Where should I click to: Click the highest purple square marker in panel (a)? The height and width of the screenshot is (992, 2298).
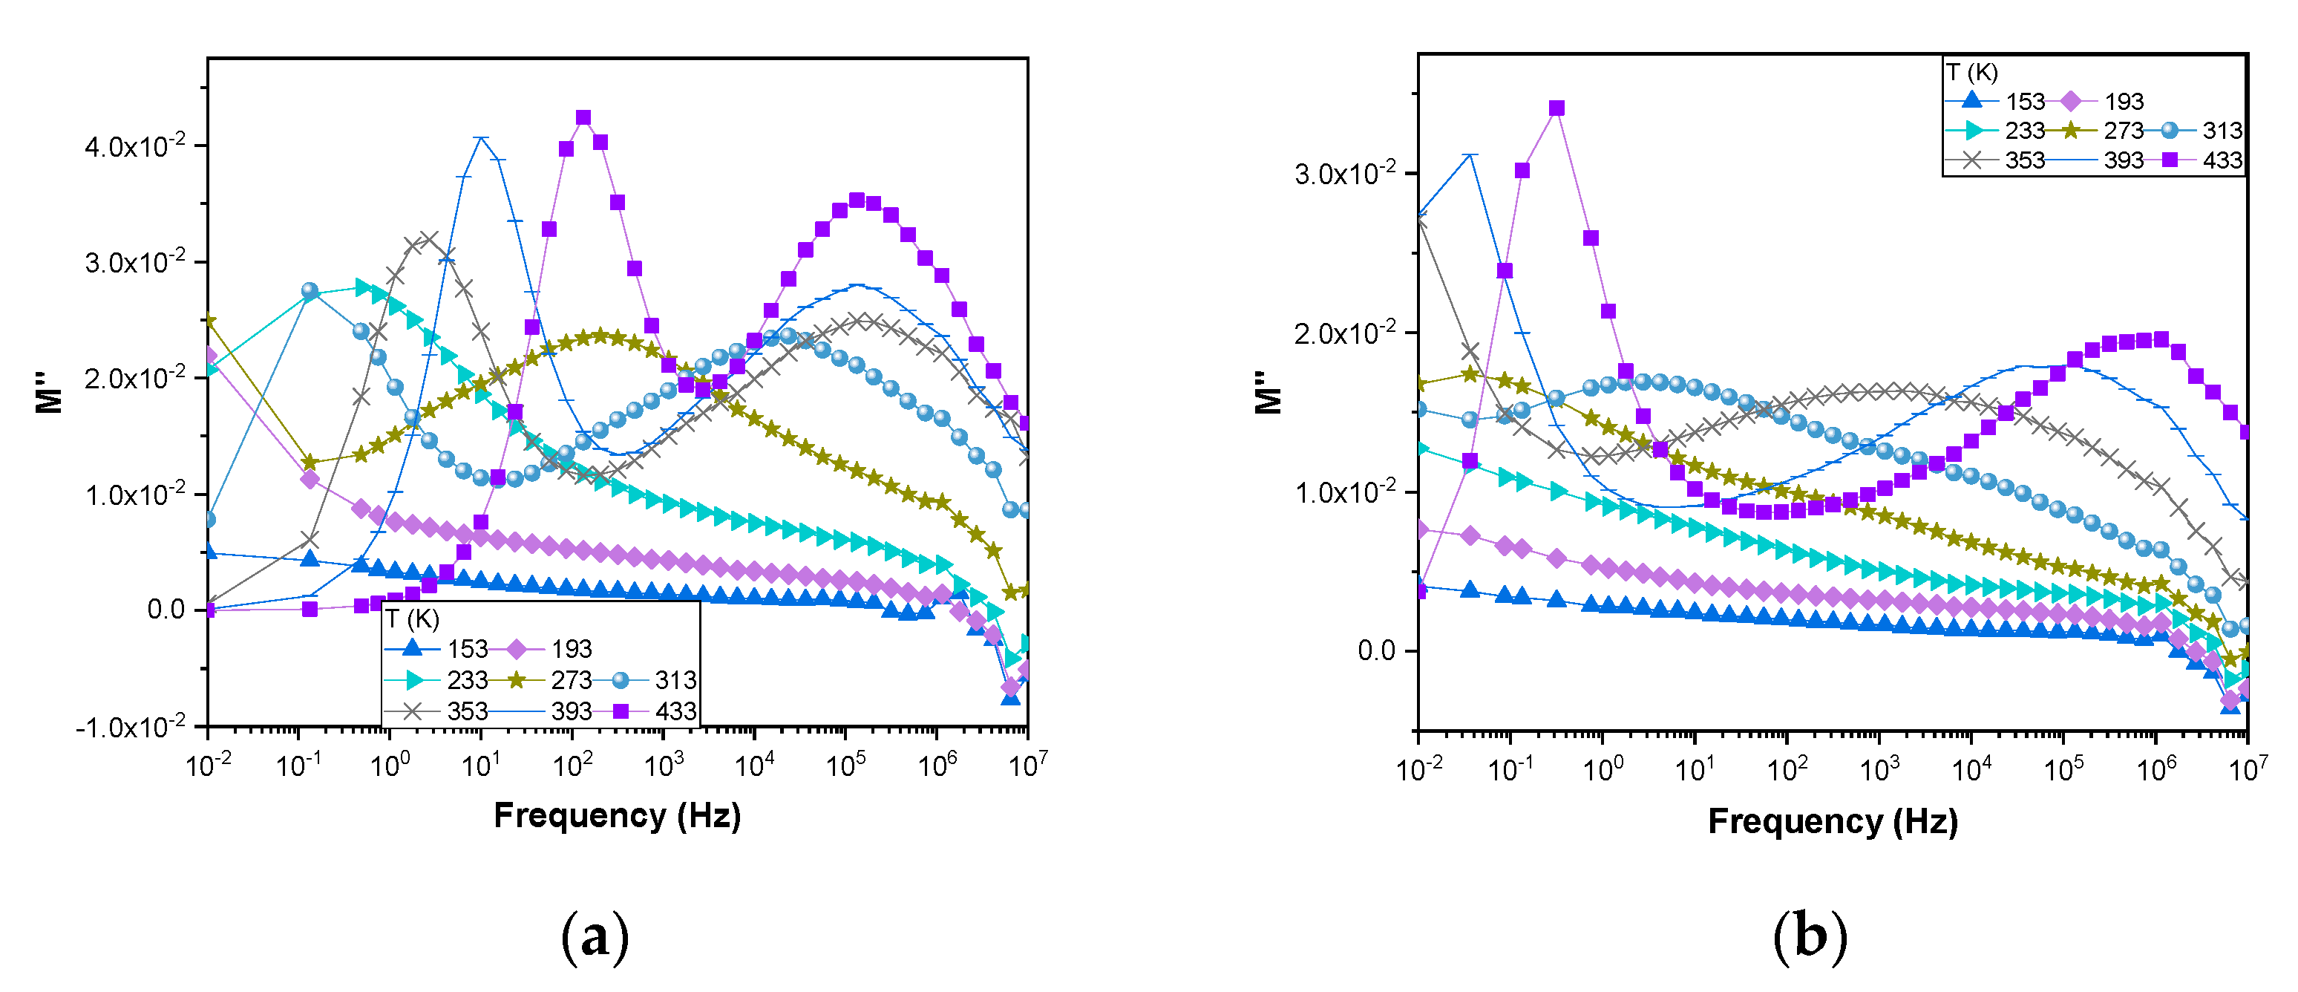[x=583, y=118]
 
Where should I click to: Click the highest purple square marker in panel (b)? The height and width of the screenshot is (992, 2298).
[x=1556, y=108]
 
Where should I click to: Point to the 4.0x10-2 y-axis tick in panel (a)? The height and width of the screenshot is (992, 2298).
[x=134, y=146]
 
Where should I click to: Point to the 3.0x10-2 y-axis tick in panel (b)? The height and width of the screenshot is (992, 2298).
[x=1343, y=173]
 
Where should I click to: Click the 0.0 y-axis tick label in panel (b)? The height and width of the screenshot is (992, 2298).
[x=1375, y=650]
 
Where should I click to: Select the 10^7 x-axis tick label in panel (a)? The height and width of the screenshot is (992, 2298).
[x=1028, y=766]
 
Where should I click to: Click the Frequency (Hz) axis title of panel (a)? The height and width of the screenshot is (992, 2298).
[x=618, y=815]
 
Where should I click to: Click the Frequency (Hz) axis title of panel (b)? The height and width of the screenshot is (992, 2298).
[x=1833, y=820]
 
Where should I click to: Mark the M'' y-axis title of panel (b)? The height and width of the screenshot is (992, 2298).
[x=1268, y=393]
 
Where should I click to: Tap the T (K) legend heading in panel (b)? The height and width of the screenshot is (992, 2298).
[x=1971, y=72]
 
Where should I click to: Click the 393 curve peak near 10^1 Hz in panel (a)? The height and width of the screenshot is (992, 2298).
[x=482, y=137]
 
